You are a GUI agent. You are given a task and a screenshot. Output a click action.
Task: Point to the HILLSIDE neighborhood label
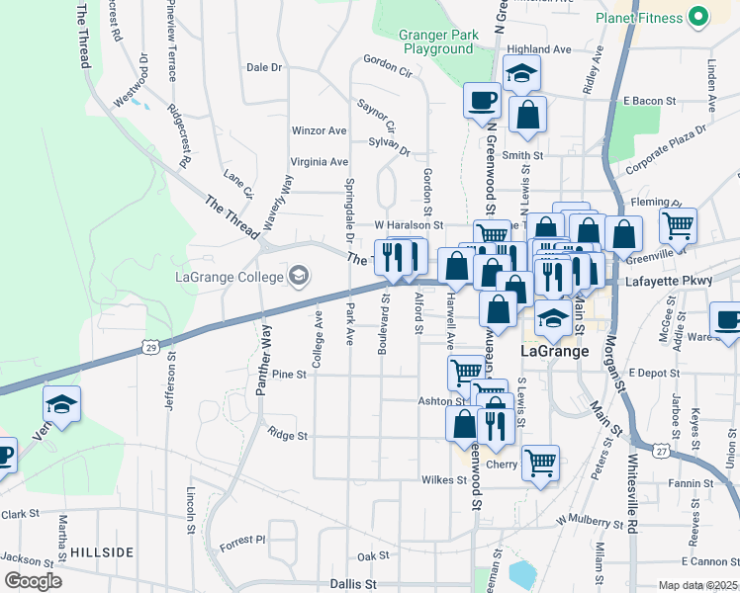click(102, 551)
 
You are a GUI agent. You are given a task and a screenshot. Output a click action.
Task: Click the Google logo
click(32, 581)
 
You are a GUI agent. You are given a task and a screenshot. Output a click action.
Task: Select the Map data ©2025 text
click(697, 586)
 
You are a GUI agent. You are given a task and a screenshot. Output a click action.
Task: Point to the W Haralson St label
click(409, 226)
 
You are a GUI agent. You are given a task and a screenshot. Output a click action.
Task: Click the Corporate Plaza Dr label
click(668, 145)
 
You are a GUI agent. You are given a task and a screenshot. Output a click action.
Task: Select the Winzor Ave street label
click(319, 130)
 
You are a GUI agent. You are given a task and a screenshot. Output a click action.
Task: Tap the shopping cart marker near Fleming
click(678, 226)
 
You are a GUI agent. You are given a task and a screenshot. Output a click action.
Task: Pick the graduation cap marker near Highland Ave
click(520, 74)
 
